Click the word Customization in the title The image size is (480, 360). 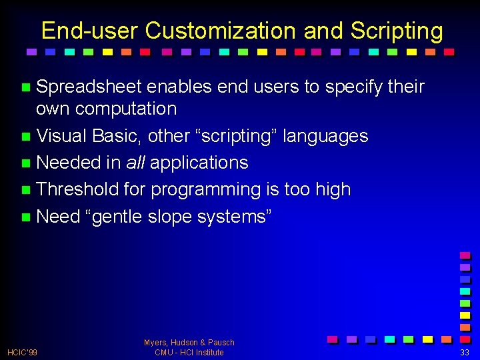point(221,31)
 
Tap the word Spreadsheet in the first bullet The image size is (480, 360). point(89,87)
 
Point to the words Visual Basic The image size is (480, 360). point(89,136)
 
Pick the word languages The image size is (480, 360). point(325,136)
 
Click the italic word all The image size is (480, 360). point(135,163)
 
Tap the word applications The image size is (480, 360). point(199,163)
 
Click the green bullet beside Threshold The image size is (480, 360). point(26,190)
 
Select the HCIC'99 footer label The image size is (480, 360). point(22,352)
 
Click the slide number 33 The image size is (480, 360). point(464,352)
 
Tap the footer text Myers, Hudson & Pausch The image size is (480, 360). point(189,342)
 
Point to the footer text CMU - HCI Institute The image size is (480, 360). point(189,352)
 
